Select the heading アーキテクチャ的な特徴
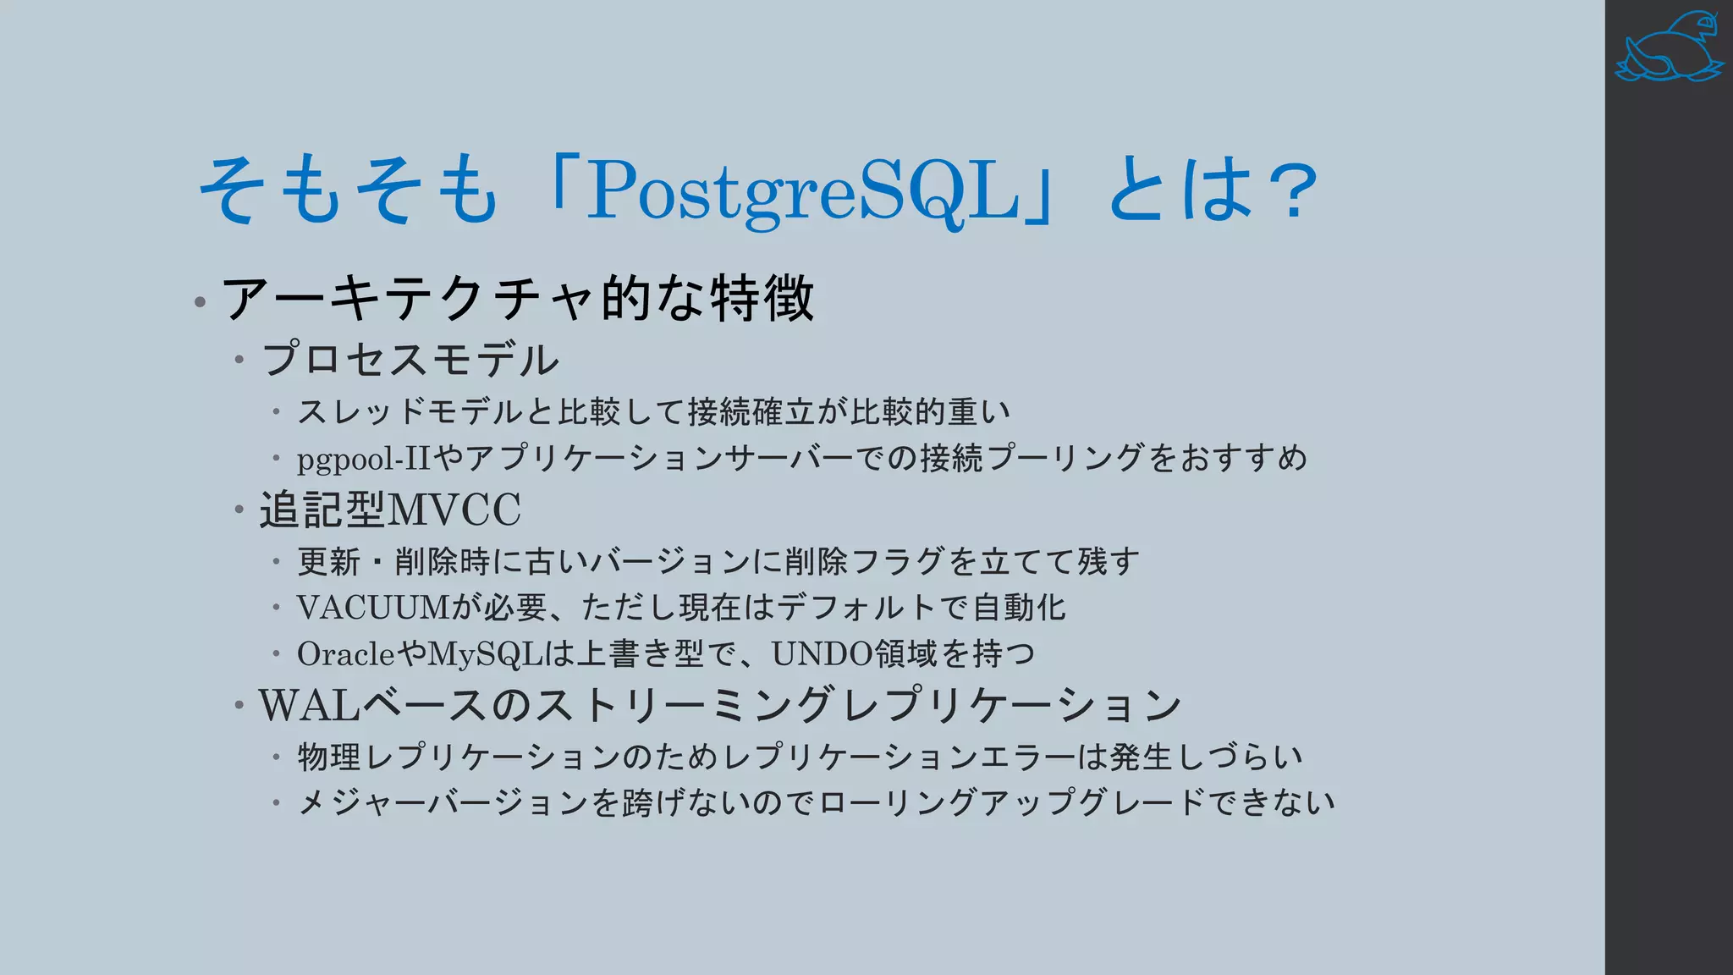point(517,298)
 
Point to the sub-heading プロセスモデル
point(410,359)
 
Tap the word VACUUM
point(372,607)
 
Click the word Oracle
point(345,653)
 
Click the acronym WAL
point(310,705)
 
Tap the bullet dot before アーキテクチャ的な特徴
point(200,301)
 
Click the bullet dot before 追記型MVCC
point(239,510)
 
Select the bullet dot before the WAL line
point(239,705)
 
